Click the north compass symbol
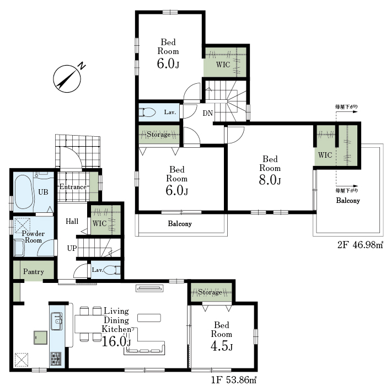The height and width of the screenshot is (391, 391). tap(67, 79)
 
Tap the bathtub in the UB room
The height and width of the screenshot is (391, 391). tap(24, 192)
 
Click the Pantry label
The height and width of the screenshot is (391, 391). tap(34, 271)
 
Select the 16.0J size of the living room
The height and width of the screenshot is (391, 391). tap(116, 341)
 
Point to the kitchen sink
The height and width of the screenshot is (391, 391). tap(57, 321)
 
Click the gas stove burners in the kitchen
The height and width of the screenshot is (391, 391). tap(56, 359)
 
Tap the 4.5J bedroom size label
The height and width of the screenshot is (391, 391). tap(222, 346)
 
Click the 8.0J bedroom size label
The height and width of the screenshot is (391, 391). tap(270, 180)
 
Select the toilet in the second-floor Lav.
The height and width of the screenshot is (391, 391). tap(147, 112)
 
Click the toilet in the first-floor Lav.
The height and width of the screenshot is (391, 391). tap(112, 270)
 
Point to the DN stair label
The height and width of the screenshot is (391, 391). tap(207, 113)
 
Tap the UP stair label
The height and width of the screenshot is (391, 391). tap(72, 248)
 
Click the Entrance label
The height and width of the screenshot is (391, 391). tap(73, 187)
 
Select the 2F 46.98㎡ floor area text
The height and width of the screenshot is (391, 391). tap(360, 245)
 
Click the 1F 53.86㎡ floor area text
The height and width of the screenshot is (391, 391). tap(234, 380)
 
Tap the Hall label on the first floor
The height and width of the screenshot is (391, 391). tap(72, 221)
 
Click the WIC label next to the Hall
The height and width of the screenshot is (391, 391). tap(99, 223)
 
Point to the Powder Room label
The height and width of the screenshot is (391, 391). tap(33, 237)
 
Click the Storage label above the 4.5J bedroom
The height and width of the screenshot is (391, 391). tap(210, 292)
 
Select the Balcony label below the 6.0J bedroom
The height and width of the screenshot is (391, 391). tap(180, 224)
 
